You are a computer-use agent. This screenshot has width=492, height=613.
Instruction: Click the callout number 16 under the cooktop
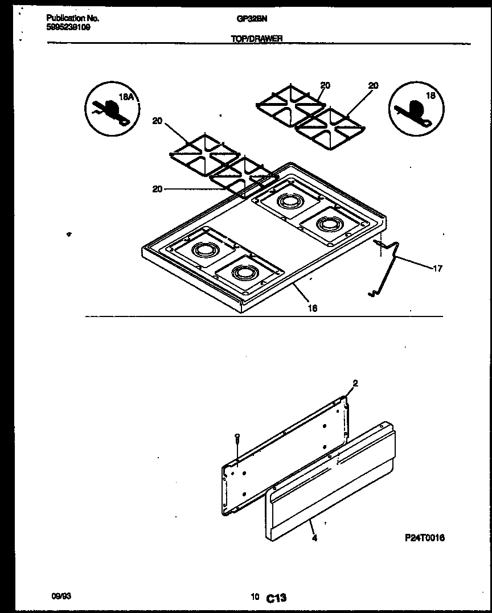click(x=313, y=308)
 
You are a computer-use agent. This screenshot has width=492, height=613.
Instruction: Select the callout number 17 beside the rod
click(x=437, y=269)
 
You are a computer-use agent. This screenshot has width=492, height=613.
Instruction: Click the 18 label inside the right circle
click(x=430, y=96)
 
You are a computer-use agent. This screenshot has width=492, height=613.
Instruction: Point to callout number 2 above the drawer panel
click(x=355, y=384)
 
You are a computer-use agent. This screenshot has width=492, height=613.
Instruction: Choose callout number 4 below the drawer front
click(x=314, y=537)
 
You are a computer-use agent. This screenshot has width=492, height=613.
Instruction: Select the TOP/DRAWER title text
click(x=258, y=39)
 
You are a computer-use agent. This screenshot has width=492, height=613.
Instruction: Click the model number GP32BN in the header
click(x=252, y=18)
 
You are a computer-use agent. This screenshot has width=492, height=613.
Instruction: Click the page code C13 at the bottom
click(x=276, y=598)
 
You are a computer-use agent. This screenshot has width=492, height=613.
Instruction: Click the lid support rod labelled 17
click(x=387, y=268)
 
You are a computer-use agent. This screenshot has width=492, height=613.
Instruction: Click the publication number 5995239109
click(x=68, y=26)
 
